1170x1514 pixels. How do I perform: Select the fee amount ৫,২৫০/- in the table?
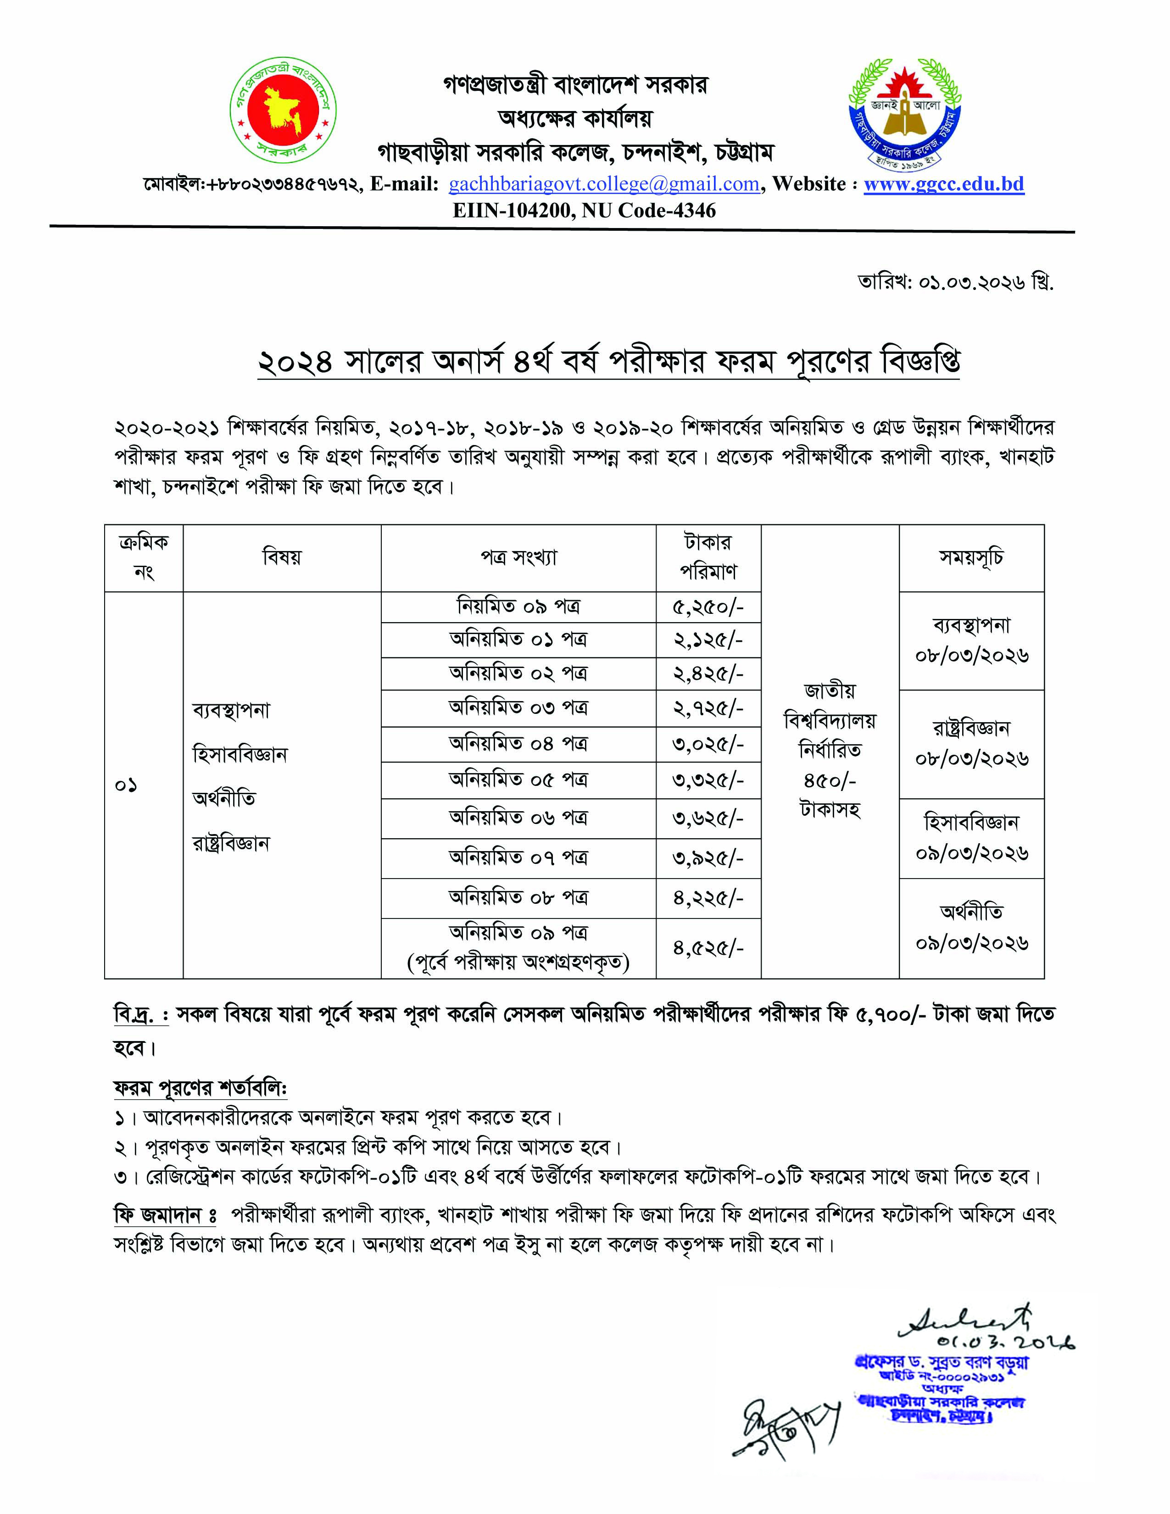click(708, 607)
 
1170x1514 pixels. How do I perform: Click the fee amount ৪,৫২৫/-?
click(708, 948)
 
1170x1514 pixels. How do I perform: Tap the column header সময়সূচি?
click(970, 557)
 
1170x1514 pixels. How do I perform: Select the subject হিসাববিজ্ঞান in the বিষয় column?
click(240, 754)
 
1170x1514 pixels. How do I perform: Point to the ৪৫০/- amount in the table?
click(829, 780)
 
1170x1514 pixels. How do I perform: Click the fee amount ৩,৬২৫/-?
click(708, 818)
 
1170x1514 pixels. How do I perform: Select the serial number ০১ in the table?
click(126, 785)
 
